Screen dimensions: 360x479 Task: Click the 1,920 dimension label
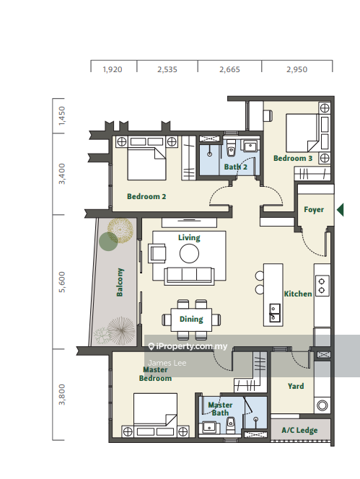(113, 70)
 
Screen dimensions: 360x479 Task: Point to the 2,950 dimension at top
(297, 70)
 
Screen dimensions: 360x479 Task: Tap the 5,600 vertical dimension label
(62, 282)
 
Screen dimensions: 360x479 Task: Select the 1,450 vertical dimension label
(62, 115)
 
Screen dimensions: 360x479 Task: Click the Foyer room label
(314, 210)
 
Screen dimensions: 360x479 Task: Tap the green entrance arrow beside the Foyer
(341, 210)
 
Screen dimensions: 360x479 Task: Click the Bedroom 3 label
(293, 158)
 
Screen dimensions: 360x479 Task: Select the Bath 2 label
(236, 167)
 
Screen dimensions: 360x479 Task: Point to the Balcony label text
(120, 282)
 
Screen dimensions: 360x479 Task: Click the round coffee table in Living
(189, 253)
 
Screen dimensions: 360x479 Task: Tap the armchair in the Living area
(157, 253)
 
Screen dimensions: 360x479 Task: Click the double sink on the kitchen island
(274, 313)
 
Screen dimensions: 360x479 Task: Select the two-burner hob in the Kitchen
(322, 286)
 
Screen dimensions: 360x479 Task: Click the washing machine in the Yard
(322, 405)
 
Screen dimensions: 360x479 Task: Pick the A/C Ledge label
(299, 431)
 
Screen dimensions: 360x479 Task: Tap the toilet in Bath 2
(232, 149)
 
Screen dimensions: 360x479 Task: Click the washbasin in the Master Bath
(209, 427)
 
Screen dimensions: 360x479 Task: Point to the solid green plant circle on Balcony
(108, 242)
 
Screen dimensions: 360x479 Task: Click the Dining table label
(191, 320)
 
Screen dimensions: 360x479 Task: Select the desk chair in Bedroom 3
(268, 115)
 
